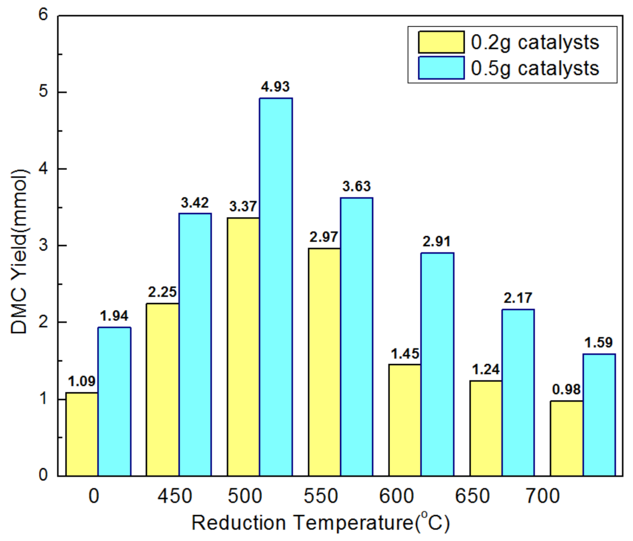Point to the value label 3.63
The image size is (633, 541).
click(356, 186)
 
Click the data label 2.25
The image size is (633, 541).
click(162, 292)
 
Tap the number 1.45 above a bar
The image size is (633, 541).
click(405, 354)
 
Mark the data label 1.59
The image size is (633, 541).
click(599, 343)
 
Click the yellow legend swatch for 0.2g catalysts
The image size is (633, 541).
click(441, 42)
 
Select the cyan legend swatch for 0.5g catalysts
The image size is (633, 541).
click(441, 68)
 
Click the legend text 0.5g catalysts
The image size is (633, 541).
click(535, 68)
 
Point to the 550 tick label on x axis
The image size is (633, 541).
click(320, 496)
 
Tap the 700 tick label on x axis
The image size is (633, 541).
click(543, 496)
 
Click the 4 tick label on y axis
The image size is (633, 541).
click(43, 169)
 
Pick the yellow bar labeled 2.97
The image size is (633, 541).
click(324, 362)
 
